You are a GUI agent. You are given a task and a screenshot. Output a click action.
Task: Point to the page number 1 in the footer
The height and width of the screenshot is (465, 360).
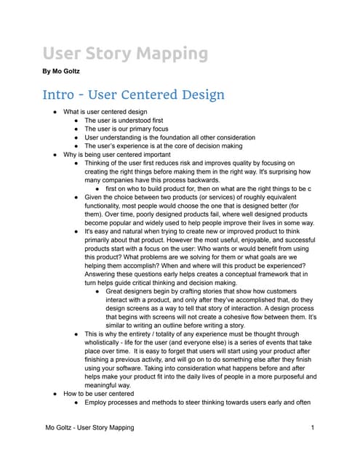(311, 428)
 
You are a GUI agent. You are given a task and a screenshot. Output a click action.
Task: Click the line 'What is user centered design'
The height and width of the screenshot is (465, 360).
(105, 111)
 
